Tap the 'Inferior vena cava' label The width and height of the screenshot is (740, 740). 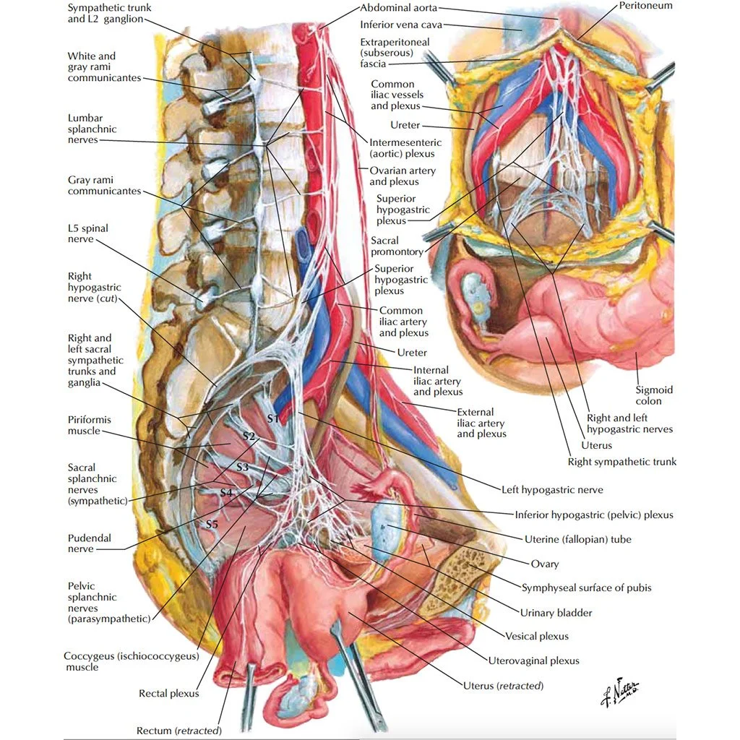click(401, 25)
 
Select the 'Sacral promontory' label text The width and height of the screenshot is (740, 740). click(395, 246)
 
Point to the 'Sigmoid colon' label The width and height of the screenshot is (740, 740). click(654, 395)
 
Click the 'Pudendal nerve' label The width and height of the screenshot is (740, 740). click(90, 543)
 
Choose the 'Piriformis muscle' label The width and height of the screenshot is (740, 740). click(90, 425)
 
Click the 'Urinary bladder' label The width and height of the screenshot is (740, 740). click(556, 613)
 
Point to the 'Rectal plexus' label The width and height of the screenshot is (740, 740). click(168, 694)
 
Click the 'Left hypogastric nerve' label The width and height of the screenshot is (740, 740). click(552, 489)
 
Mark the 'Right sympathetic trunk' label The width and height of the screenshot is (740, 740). click(621, 461)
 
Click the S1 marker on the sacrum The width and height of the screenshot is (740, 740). click(272, 418)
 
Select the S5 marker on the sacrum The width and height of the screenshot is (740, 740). click(212, 523)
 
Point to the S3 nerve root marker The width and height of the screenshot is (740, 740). click(242, 468)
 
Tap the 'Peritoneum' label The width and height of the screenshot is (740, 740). click(645, 6)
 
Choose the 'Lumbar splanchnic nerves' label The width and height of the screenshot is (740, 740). click(92, 129)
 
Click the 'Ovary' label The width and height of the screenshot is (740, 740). click(544, 564)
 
